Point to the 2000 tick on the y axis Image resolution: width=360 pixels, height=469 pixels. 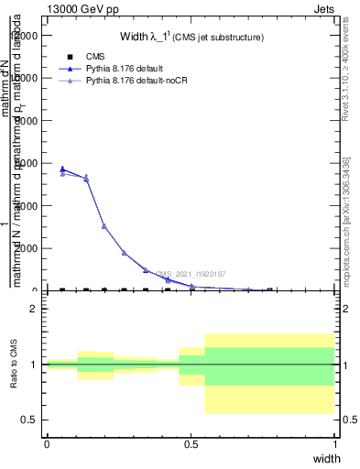tap(27, 248)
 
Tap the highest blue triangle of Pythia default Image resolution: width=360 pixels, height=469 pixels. tap(62, 169)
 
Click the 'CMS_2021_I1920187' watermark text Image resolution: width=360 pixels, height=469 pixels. tap(191, 273)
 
